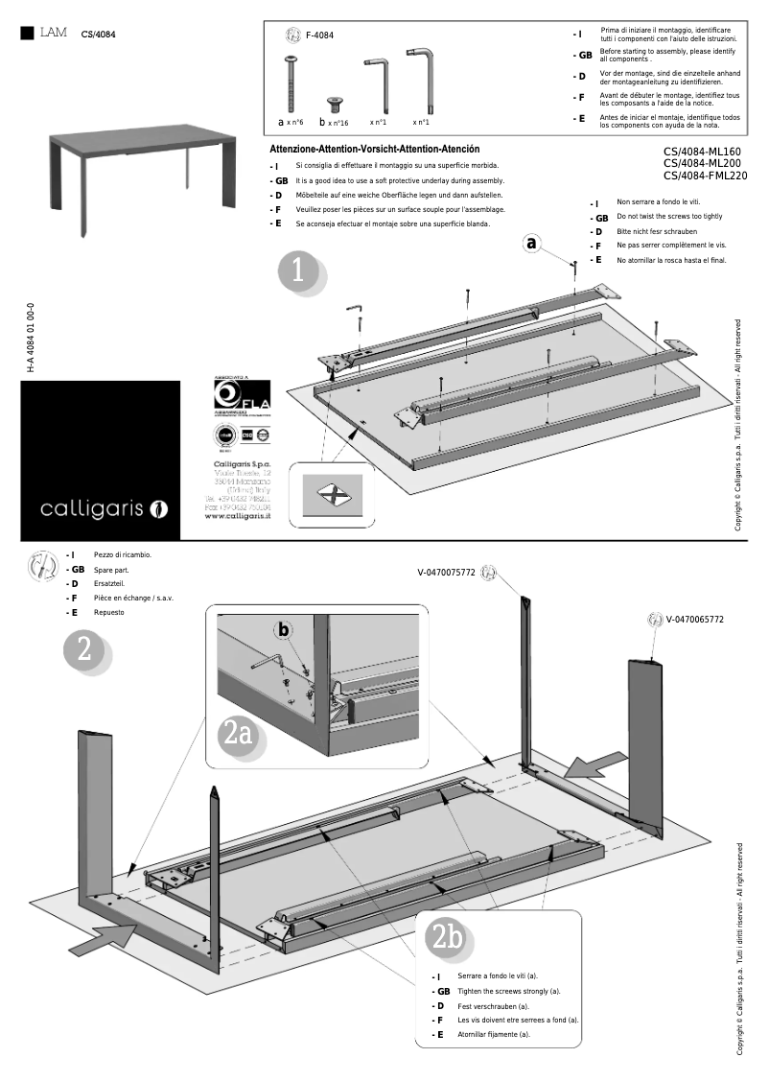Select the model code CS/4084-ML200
point(705,163)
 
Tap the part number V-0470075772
point(446,573)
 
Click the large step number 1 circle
point(297,270)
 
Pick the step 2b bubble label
point(448,937)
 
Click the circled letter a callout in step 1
point(532,243)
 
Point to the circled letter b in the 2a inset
point(282,630)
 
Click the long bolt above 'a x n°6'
point(291,85)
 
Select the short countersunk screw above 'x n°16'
point(336,102)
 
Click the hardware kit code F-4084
point(320,35)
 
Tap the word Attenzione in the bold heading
point(300,149)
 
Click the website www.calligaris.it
point(239,515)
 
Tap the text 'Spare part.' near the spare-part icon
point(111,570)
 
